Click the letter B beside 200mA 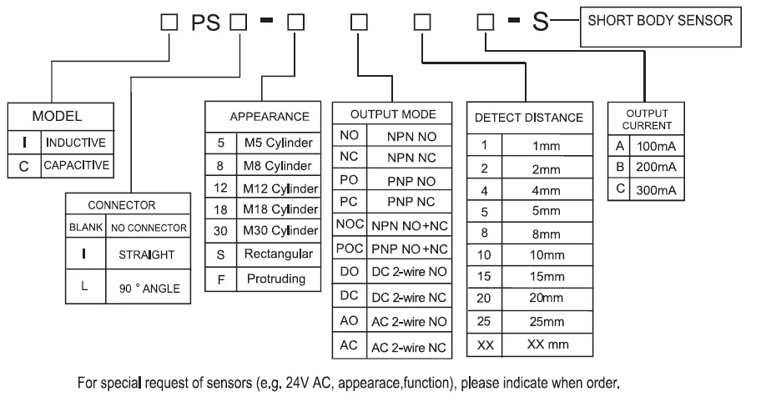pos(617,166)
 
